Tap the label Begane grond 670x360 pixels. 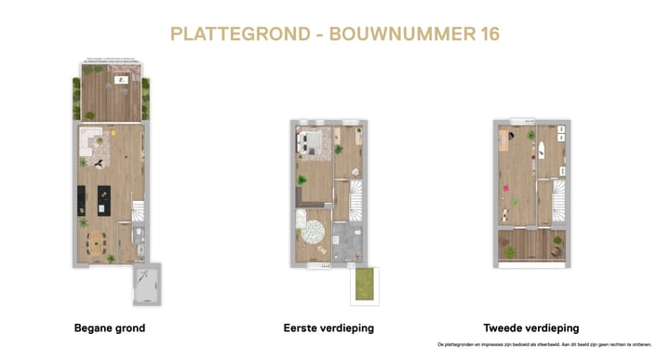point(110,328)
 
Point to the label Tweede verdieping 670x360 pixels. point(531,328)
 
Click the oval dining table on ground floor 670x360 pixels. point(98,245)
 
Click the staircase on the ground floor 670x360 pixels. point(137,212)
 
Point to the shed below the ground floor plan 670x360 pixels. point(145,285)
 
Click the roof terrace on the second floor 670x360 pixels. point(530,247)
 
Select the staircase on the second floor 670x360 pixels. point(556,200)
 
